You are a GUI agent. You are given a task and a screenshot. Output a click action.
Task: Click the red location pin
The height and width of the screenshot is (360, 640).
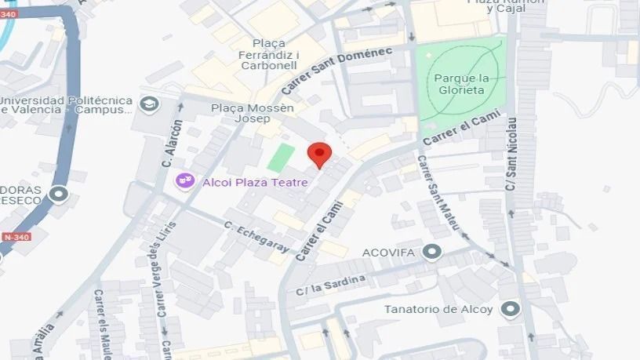coord(318,154)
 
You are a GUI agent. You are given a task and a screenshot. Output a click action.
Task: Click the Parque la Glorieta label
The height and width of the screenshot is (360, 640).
coord(461,84)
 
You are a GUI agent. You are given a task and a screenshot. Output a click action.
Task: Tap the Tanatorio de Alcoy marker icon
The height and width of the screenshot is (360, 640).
coord(511,309)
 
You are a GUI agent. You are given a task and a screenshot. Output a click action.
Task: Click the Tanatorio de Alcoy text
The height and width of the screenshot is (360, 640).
coord(438,309)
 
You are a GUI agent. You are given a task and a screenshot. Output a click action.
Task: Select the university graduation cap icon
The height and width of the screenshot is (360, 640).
coord(147,104)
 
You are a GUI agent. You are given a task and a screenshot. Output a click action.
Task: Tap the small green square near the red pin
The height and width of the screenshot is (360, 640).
coord(280,157)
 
